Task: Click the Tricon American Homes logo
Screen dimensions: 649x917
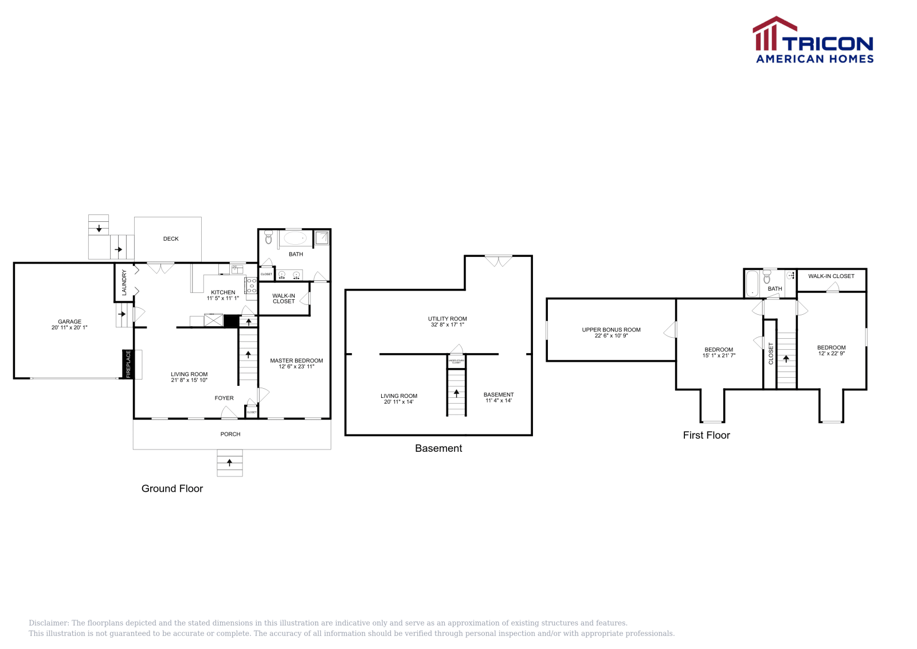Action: pos(813,40)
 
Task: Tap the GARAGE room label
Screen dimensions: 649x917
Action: pos(69,322)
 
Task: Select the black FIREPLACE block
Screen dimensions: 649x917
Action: pos(128,364)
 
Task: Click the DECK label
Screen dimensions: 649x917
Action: pos(171,239)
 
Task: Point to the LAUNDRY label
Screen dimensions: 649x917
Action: pos(124,282)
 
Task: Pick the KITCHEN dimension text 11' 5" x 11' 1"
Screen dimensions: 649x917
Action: pos(223,298)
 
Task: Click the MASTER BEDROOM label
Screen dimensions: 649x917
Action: pos(296,361)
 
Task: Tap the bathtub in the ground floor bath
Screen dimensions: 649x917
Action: pos(295,237)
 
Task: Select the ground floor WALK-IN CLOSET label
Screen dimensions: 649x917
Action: pos(284,299)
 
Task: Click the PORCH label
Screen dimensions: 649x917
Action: pos(230,434)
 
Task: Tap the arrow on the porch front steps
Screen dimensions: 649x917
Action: pos(230,462)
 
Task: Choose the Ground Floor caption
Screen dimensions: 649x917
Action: pos(172,488)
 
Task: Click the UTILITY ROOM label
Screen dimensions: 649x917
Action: pos(448,319)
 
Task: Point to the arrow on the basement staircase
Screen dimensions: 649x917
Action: pos(456,393)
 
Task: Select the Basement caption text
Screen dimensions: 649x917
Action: pos(438,448)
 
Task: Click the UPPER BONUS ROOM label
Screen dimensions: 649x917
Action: pos(611,330)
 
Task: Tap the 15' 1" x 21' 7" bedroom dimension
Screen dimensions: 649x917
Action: pos(719,355)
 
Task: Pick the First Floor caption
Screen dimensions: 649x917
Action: pos(706,435)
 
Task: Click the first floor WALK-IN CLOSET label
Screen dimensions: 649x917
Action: pos(831,276)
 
